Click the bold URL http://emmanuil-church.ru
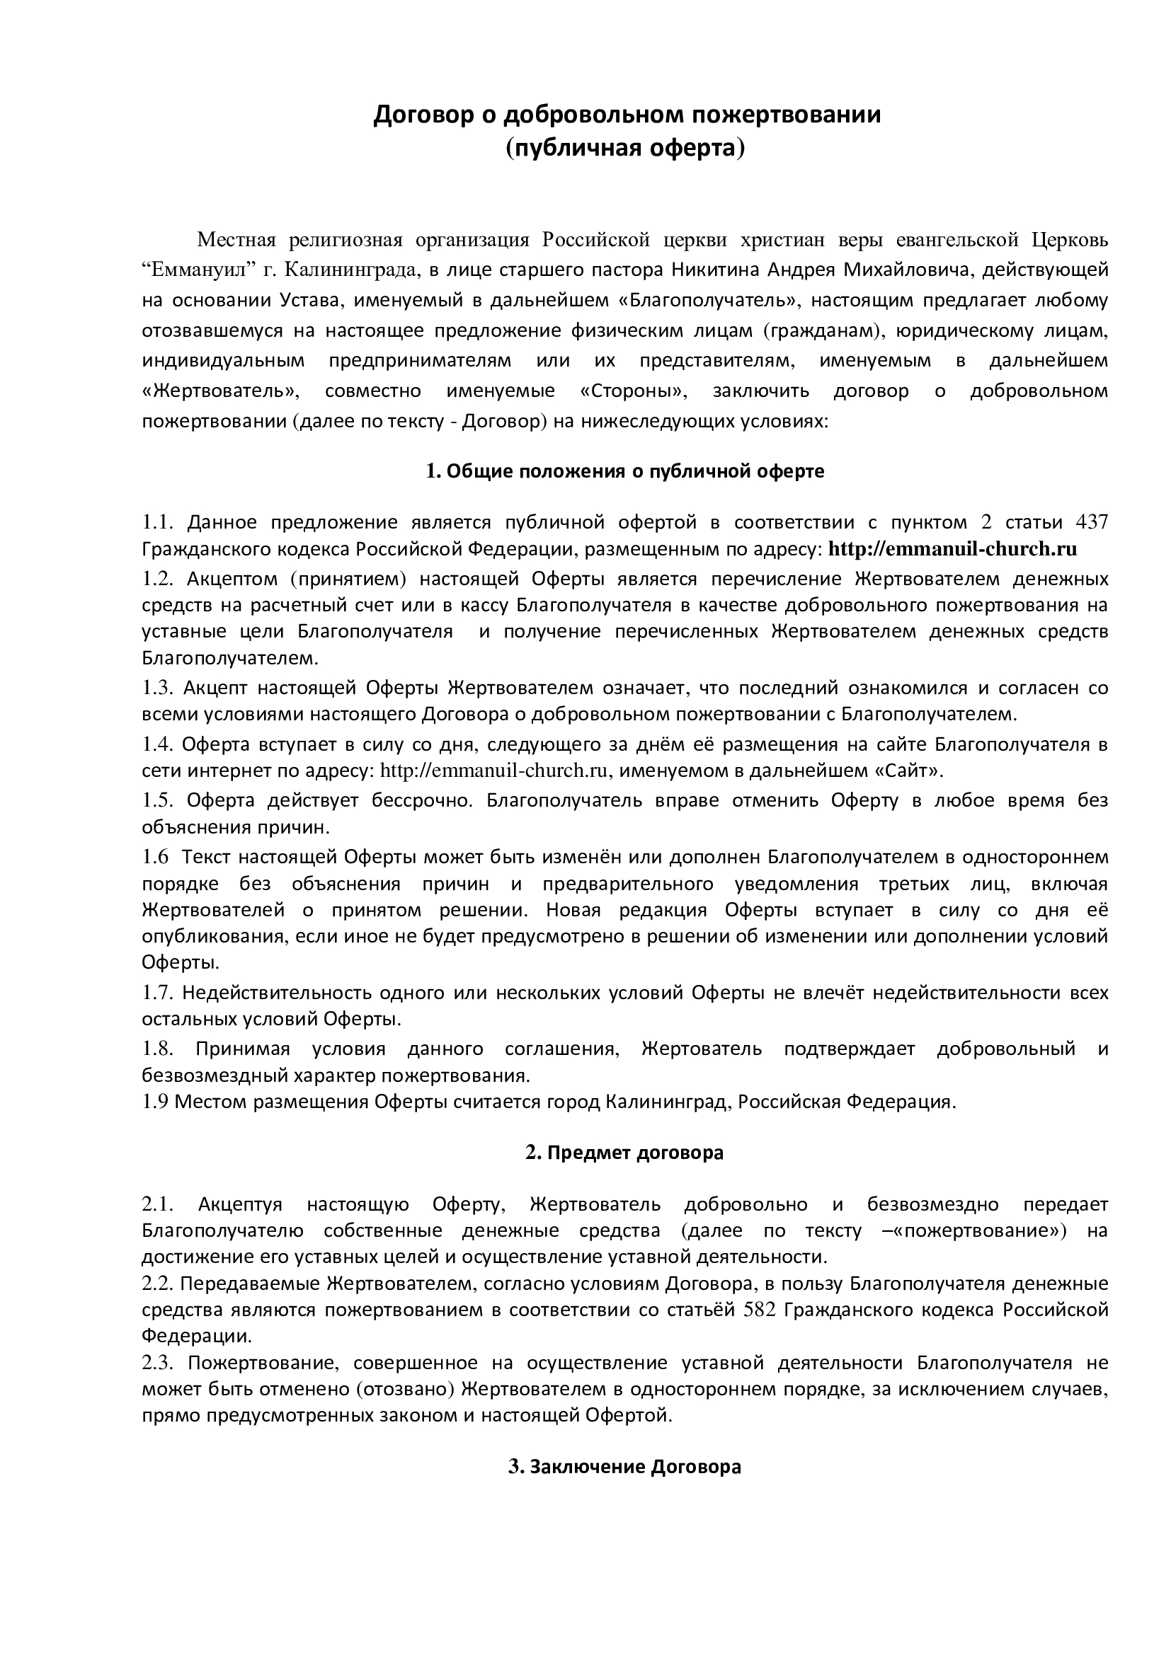pos(952,549)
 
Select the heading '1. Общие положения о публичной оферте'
pos(625,471)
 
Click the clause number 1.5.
pos(158,800)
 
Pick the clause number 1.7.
pos(158,993)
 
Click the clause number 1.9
pos(155,1102)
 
